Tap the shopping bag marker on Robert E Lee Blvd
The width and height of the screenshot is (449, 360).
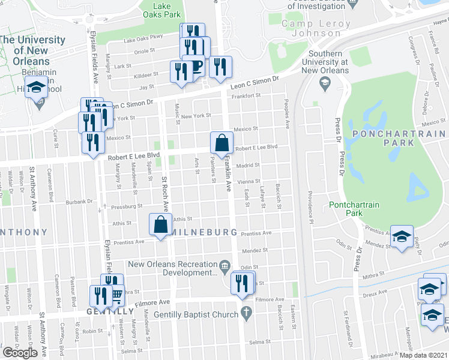(221, 143)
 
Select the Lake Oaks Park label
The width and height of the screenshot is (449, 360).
(160, 10)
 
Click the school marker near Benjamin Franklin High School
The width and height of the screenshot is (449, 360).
(37, 88)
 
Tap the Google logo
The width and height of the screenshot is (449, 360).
(20, 353)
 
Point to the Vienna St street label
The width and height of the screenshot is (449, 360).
(249, 181)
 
